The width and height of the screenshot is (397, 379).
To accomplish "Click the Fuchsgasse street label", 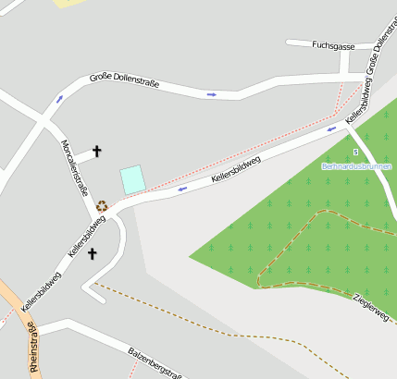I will (x=334, y=44).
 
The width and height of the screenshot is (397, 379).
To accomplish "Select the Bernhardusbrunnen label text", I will (x=356, y=166).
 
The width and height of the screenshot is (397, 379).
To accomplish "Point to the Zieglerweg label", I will (x=371, y=308).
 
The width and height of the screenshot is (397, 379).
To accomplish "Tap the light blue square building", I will (x=133, y=179).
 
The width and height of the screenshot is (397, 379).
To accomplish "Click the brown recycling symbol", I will (x=102, y=206).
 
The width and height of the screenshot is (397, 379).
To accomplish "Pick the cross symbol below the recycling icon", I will (x=93, y=252).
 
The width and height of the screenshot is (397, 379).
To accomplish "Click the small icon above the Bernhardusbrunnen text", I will (x=355, y=152).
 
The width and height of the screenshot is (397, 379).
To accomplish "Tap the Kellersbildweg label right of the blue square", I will (x=236, y=168).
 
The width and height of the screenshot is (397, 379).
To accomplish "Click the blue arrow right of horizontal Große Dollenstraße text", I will (x=212, y=93).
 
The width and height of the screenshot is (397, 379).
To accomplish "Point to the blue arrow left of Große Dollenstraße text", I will (x=59, y=98).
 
